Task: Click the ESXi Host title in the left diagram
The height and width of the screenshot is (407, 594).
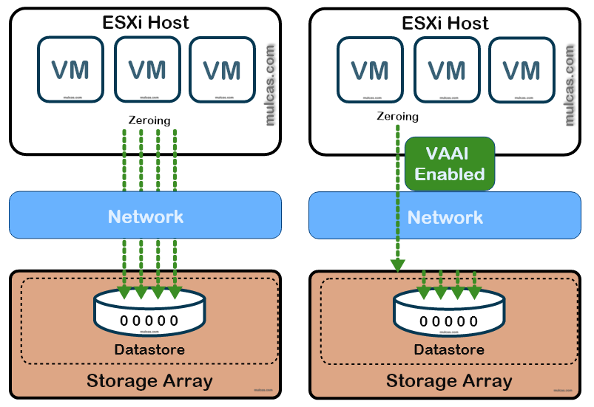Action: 146,22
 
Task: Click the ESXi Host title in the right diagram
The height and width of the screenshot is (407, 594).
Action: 445,23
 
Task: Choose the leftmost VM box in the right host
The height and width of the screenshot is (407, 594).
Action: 370,70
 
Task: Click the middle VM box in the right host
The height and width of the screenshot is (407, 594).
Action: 447,70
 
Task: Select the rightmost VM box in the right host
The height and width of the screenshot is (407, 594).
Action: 522,70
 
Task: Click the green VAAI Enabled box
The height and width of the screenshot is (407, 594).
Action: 449,164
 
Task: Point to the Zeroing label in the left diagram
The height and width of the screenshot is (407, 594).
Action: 149,120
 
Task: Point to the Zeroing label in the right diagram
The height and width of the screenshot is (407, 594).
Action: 397,116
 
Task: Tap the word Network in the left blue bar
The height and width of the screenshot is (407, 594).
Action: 146,216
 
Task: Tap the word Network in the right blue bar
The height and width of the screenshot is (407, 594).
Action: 445,217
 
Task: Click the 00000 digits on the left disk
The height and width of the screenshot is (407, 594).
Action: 149,321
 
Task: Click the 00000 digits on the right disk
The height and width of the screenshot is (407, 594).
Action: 449,321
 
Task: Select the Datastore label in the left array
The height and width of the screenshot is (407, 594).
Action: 149,349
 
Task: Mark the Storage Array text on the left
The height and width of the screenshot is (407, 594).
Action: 149,381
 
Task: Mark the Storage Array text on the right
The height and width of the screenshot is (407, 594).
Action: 449,381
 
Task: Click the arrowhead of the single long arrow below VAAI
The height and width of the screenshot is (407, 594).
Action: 398,264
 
